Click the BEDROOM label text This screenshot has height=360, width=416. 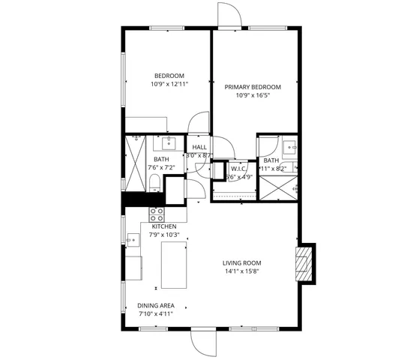(169, 76)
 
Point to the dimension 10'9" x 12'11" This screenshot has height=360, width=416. (169, 84)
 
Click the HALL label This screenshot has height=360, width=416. (199, 147)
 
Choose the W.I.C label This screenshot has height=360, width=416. (238, 169)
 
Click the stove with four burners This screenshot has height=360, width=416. (156, 215)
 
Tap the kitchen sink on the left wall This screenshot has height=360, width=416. (133, 241)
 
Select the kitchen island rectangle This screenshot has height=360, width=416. (173, 265)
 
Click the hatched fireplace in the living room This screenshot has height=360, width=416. (303, 264)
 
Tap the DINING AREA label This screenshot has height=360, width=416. (156, 305)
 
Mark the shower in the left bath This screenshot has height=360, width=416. (135, 162)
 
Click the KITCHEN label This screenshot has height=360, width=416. (164, 226)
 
